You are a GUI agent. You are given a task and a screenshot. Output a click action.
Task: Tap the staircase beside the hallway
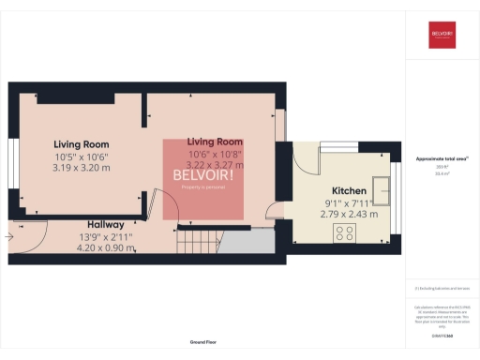(x=200, y=241)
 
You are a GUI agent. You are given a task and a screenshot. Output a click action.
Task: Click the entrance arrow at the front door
(x=9, y=237)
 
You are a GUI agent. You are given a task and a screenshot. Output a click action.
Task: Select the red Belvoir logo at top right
(x=442, y=35)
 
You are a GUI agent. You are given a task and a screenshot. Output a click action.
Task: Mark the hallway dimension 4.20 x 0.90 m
(x=99, y=248)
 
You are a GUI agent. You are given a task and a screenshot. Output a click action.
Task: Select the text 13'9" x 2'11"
(x=99, y=237)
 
